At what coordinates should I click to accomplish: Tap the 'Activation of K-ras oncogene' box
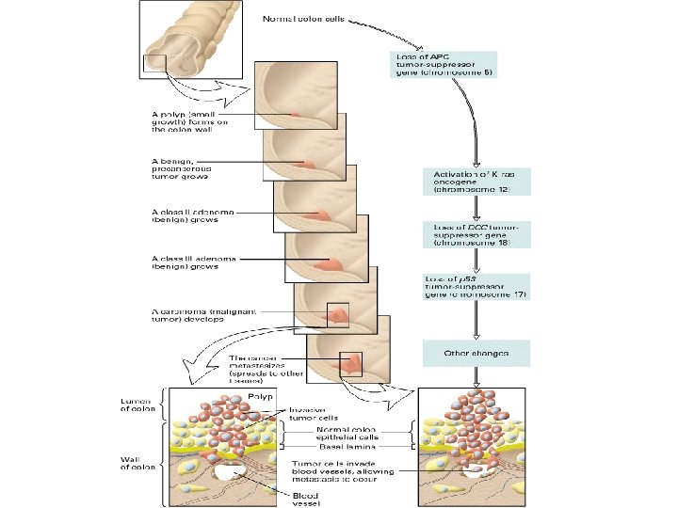[476, 181]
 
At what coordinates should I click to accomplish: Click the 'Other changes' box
[476, 353]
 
